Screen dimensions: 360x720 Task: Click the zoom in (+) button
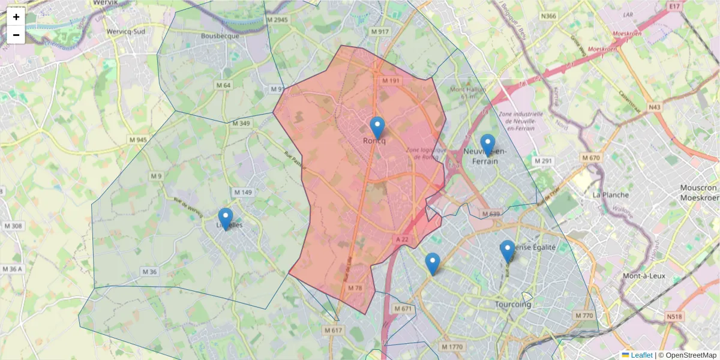tap(16, 17)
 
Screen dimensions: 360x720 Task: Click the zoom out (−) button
tap(16, 35)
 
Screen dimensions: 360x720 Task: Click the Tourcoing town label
tap(514, 304)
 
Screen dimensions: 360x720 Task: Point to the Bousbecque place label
tap(220, 35)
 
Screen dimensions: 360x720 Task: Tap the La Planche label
tap(610, 195)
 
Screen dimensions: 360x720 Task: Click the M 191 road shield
tap(391, 80)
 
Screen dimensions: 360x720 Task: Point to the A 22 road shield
tap(402, 239)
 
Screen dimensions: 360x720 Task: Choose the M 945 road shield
tap(137, 140)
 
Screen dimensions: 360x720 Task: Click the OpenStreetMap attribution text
tap(691, 355)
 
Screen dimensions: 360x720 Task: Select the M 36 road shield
tap(149, 272)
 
